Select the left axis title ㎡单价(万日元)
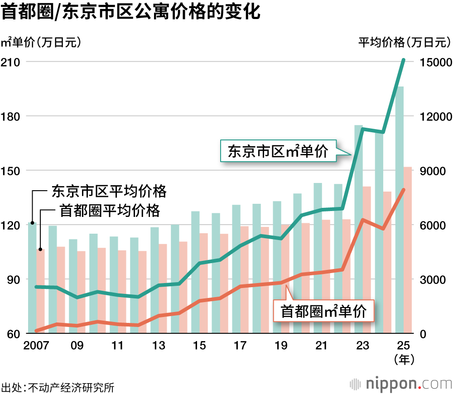(x=41, y=43)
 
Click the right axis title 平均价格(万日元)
(x=404, y=43)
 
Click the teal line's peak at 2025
(x=403, y=60)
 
